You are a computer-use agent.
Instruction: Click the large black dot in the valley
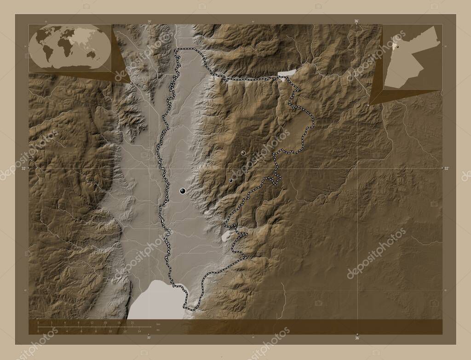[183, 191]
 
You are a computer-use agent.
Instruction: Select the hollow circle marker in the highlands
[243, 153]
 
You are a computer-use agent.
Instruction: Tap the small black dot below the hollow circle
[231, 181]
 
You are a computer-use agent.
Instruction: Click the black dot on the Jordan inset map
[398, 46]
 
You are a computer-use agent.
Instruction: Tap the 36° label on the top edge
[356, 21]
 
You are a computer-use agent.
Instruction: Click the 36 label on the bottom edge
[357, 338]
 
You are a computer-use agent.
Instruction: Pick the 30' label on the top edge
[149, 21]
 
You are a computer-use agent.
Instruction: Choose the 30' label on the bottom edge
[149, 338]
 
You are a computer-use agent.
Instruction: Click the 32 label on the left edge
[23, 169]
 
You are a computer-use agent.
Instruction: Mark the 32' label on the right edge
[447, 169]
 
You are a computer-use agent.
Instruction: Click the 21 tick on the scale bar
[132, 323]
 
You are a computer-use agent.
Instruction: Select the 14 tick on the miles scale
[139, 331]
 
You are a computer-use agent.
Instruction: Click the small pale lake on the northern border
[287, 73]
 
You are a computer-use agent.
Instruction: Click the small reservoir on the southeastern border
[226, 236]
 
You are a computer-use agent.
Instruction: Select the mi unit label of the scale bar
[158, 330]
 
